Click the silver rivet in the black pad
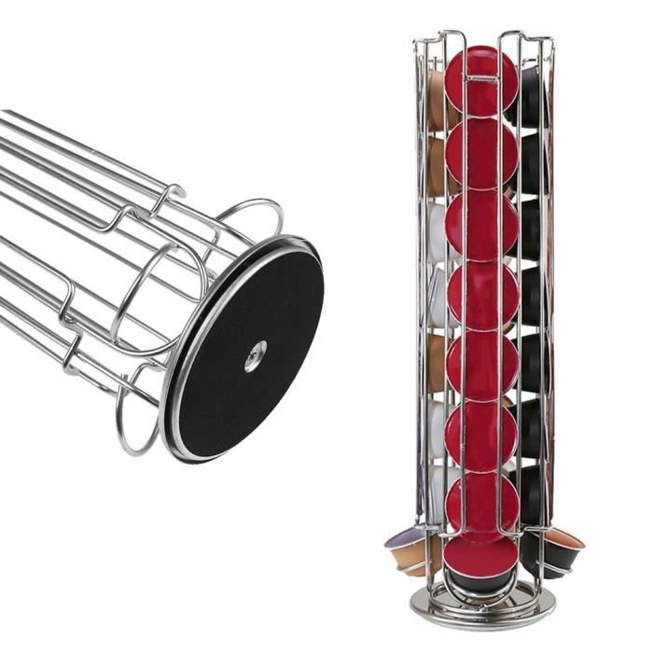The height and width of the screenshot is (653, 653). click(x=255, y=355)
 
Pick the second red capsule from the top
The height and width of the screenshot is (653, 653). click(x=481, y=154)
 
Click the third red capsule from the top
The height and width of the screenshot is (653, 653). click(x=481, y=225)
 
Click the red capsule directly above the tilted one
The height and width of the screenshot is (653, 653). click(x=481, y=505)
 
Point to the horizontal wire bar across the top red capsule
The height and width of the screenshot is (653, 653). click(x=481, y=79)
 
